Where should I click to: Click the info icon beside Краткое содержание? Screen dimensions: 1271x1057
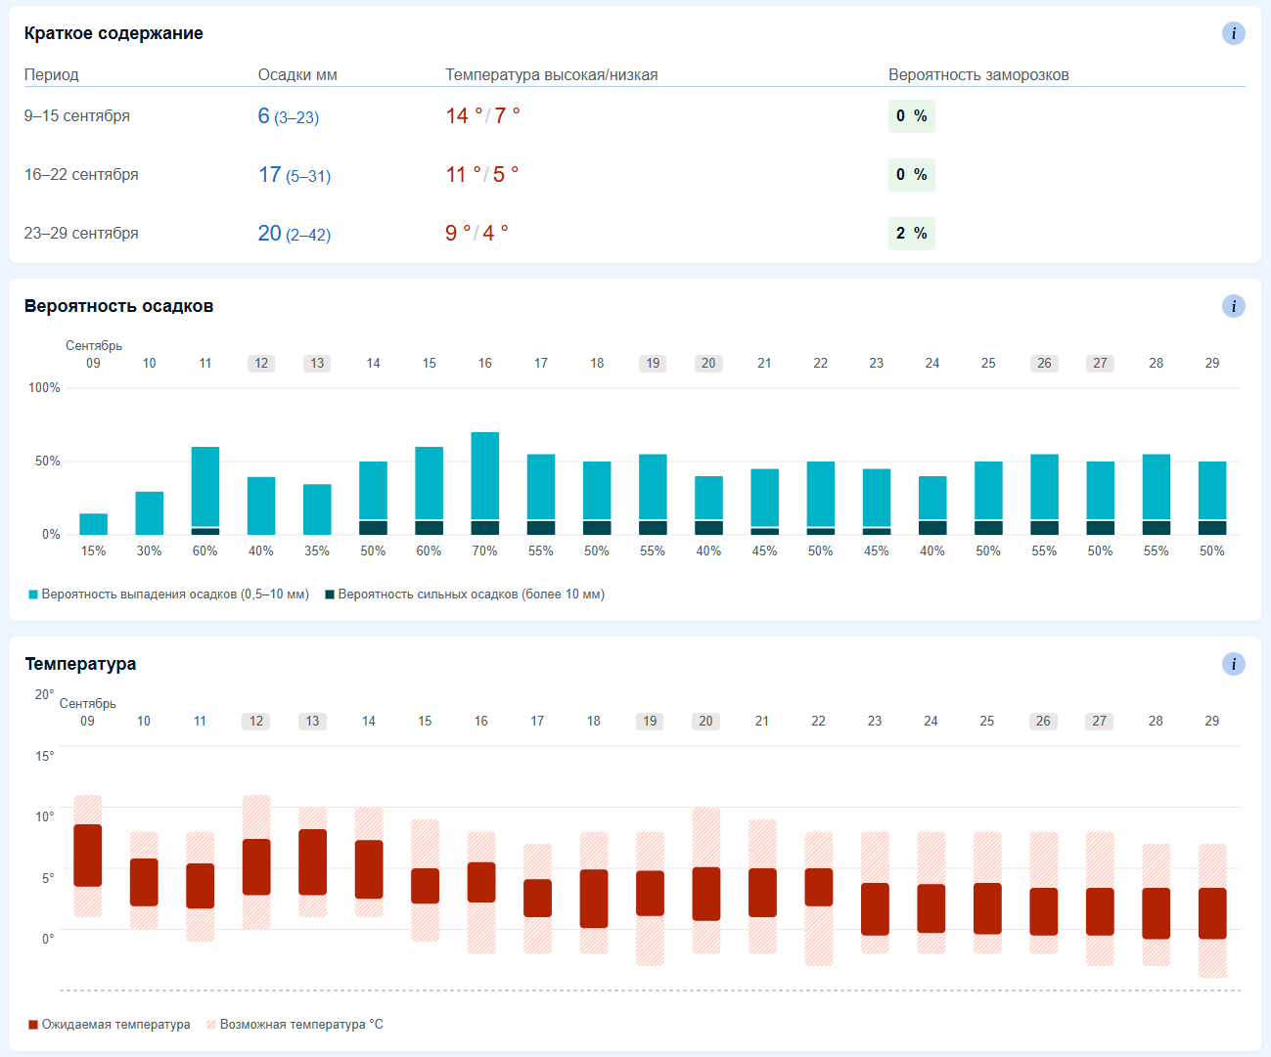(x=1233, y=33)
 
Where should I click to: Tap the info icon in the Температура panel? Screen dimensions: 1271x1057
(x=1233, y=664)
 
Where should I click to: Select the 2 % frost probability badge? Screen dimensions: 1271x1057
(x=911, y=233)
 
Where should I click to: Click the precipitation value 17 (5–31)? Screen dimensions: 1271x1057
(x=295, y=175)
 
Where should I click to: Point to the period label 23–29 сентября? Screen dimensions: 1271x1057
(x=81, y=233)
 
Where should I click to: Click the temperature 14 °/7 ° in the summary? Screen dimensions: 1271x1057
(x=482, y=115)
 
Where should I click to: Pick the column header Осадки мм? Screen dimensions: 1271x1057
(x=297, y=75)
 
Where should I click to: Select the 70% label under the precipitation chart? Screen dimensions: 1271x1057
(x=484, y=551)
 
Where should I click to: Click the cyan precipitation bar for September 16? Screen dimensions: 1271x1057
(x=484, y=476)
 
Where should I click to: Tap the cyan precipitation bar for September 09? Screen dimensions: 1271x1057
(x=93, y=524)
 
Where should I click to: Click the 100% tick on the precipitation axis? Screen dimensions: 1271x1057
(x=44, y=387)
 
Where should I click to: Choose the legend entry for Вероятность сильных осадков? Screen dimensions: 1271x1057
(x=465, y=595)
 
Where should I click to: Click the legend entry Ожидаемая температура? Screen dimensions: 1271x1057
(x=110, y=1024)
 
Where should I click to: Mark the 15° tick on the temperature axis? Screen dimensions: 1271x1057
(x=44, y=756)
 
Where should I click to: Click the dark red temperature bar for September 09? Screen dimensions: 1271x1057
(x=88, y=855)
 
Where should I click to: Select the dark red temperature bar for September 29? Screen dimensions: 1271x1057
(x=1212, y=913)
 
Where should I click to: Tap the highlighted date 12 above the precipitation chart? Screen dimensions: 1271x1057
(x=261, y=364)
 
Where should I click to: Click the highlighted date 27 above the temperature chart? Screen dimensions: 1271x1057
(x=1099, y=721)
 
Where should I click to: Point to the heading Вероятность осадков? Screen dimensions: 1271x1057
(x=118, y=306)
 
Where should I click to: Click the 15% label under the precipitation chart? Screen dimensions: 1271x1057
(x=93, y=551)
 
